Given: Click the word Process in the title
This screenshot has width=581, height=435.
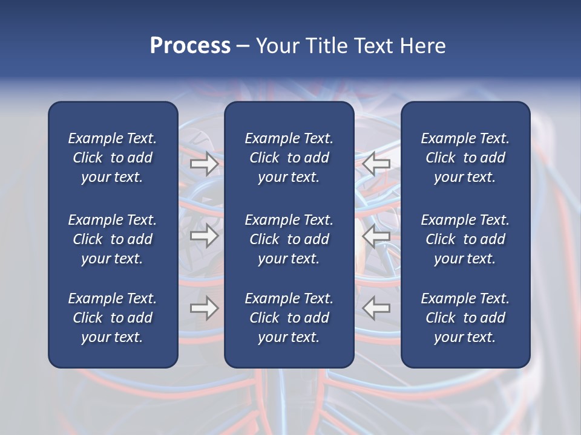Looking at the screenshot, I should [190, 46].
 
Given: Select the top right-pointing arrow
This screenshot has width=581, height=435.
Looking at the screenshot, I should [204, 164].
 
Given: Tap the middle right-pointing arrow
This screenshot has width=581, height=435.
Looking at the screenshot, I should [204, 236].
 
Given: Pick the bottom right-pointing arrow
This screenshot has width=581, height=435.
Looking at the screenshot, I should [204, 308].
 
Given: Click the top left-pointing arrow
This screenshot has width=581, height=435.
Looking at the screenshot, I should [376, 164].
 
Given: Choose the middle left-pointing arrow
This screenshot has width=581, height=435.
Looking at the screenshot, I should [376, 236].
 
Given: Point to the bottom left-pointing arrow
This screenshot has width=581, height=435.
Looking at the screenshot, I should [376, 308].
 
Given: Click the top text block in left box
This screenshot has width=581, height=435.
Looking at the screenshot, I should [113, 158].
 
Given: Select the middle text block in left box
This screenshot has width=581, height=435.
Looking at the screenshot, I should [113, 239].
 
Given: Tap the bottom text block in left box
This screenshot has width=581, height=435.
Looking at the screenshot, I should [113, 318].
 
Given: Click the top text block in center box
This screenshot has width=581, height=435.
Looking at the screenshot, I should [289, 158].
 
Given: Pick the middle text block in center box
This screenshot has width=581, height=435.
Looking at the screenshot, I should [289, 239].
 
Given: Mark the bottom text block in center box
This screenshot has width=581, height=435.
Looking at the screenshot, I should [289, 318].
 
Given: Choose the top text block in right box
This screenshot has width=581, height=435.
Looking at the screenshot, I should [465, 158].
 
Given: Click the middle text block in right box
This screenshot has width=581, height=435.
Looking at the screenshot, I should [465, 239].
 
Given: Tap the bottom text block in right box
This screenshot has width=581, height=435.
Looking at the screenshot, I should [465, 318].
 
